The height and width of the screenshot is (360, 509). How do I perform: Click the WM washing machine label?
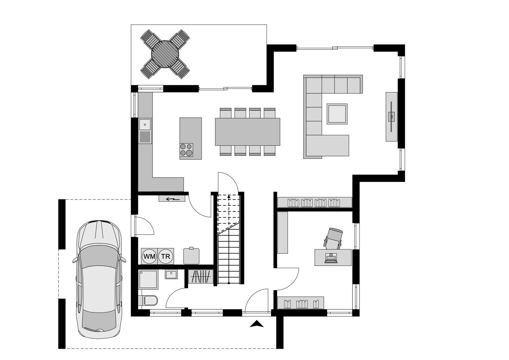[150, 257]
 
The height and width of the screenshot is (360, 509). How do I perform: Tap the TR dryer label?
[166, 257]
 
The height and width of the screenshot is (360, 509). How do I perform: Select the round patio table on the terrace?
[165, 54]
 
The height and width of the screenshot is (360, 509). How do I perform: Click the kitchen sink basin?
[145, 124]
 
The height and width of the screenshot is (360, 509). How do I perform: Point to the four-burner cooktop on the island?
[186, 150]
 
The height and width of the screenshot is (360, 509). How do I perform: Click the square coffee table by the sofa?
[337, 114]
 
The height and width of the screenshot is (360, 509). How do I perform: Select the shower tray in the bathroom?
[148, 280]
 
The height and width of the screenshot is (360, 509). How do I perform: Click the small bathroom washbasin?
[171, 274]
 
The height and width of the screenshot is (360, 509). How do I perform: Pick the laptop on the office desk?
[331, 258]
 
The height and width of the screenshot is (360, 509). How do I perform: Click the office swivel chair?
[333, 239]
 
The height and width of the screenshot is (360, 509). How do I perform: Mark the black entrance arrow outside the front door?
[256, 324]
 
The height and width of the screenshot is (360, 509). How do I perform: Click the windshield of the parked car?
[99, 256]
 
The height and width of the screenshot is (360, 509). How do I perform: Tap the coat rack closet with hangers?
[201, 276]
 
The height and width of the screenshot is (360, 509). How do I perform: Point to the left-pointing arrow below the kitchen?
[173, 199]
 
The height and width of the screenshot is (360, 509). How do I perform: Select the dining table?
[248, 132]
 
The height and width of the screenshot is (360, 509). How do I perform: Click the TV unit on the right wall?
[392, 117]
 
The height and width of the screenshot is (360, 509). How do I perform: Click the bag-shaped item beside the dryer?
[191, 256]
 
